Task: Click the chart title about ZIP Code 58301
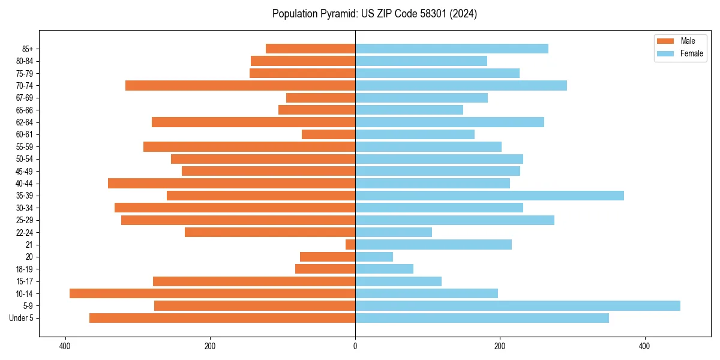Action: click(x=374, y=14)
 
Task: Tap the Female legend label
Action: click(x=692, y=53)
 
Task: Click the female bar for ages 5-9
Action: click(x=517, y=306)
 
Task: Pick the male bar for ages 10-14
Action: click(x=212, y=293)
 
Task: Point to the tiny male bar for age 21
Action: click(x=350, y=245)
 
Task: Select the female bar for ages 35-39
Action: click(x=489, y=196)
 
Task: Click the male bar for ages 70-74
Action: click(x=240, y=85)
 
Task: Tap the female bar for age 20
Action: click(x=374, y=257)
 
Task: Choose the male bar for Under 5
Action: click(x=222, y=318)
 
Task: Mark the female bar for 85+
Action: click(x=451, y=49)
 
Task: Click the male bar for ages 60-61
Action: click(x=328, y=134)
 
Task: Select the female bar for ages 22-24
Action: click(x=393, y=232)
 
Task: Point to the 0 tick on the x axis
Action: click(x=355, y=346)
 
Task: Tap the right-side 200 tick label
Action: click(x=499, y=346)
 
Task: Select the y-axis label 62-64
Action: click(x=25, y=122)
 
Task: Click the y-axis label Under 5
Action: click(x=22, y=318)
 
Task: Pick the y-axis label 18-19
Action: click(x=25, y=269)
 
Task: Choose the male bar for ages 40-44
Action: click(x=232, y=183)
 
